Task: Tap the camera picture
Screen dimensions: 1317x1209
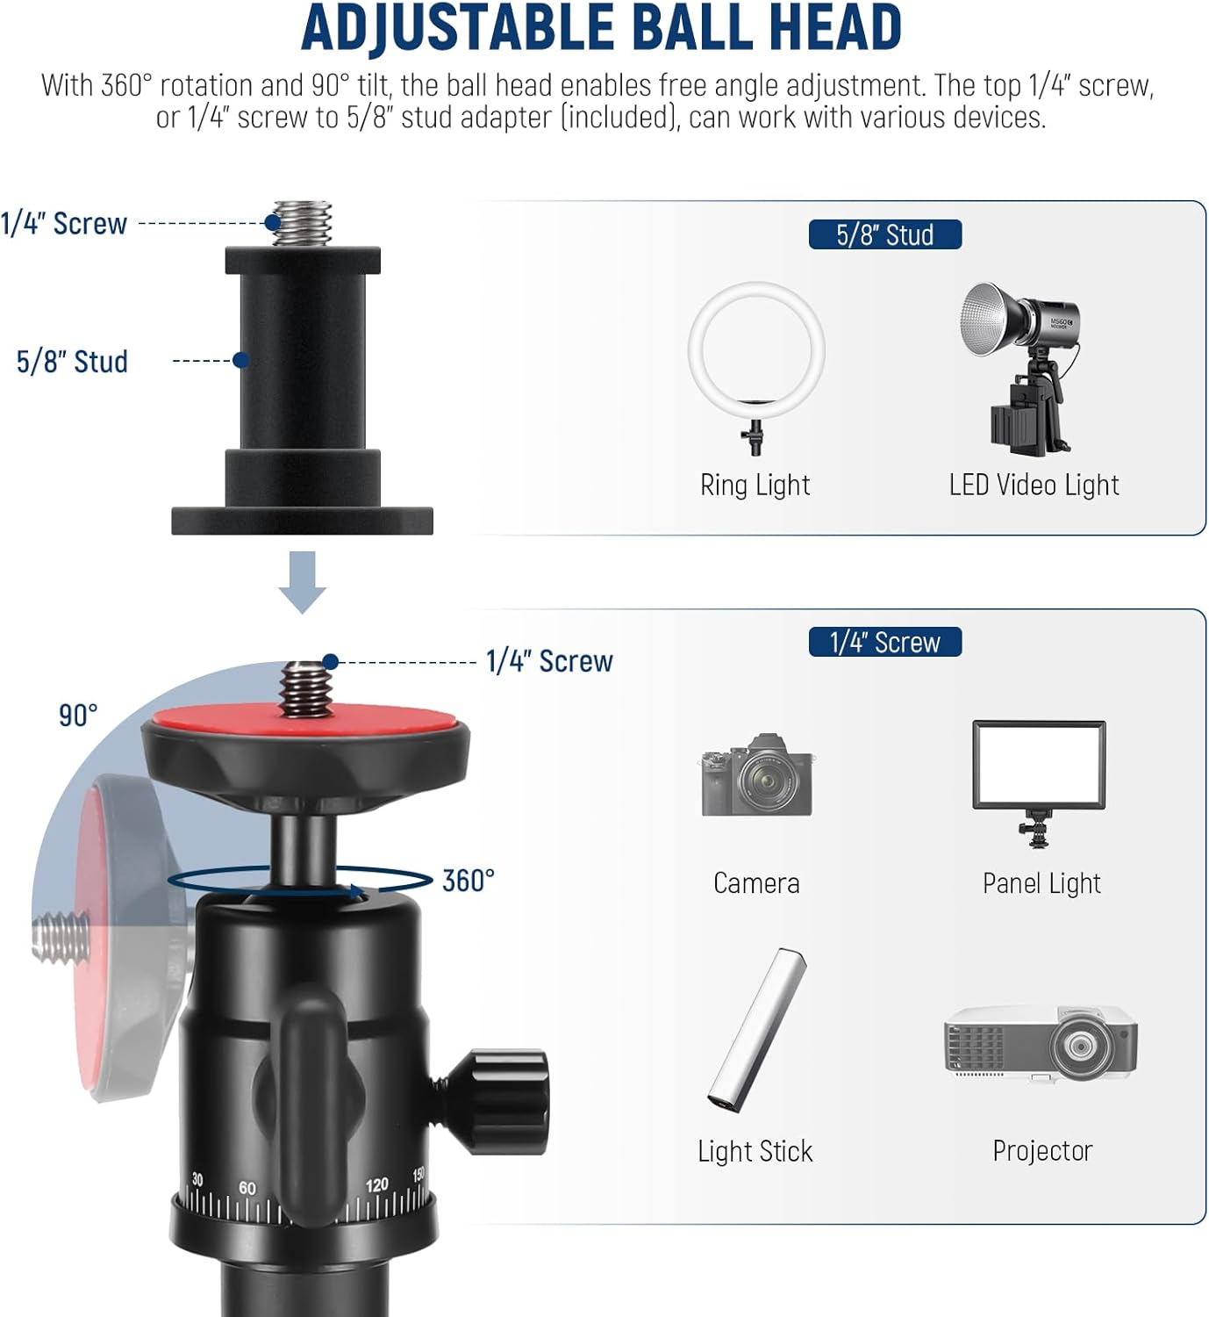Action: pos(757,776)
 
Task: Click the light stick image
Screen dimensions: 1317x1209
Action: pos(757,1030)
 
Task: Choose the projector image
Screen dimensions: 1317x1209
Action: pos(1041,1042)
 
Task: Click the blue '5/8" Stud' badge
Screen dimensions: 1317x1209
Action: pos(884,234)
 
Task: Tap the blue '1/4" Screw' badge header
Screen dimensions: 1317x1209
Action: pos(884,642)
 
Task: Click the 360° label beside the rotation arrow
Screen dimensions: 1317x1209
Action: pos(468,881)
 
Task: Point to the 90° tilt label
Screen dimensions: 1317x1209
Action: pos(78,716)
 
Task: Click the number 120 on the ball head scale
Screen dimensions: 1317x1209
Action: pos(376,1185)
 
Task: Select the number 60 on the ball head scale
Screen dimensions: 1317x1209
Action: pos(247,1188)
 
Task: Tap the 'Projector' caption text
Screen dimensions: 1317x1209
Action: pos(1042,1150)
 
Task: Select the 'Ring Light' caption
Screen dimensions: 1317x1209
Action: pos(755,485)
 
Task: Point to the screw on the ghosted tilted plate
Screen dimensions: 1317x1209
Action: pos(61,937)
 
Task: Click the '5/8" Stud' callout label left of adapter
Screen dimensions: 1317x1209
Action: pos(72,361)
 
